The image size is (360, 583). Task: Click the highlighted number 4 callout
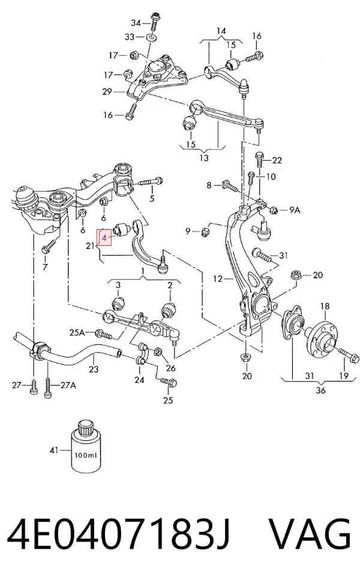point(104,237)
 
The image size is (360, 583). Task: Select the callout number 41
point(54,450)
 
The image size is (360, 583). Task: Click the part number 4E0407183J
point(118,534)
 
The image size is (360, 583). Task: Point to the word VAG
point(309,534)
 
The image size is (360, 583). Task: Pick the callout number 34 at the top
point(136,23)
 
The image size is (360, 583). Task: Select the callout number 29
point(107,91)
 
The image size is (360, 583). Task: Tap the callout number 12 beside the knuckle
point(218,278)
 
